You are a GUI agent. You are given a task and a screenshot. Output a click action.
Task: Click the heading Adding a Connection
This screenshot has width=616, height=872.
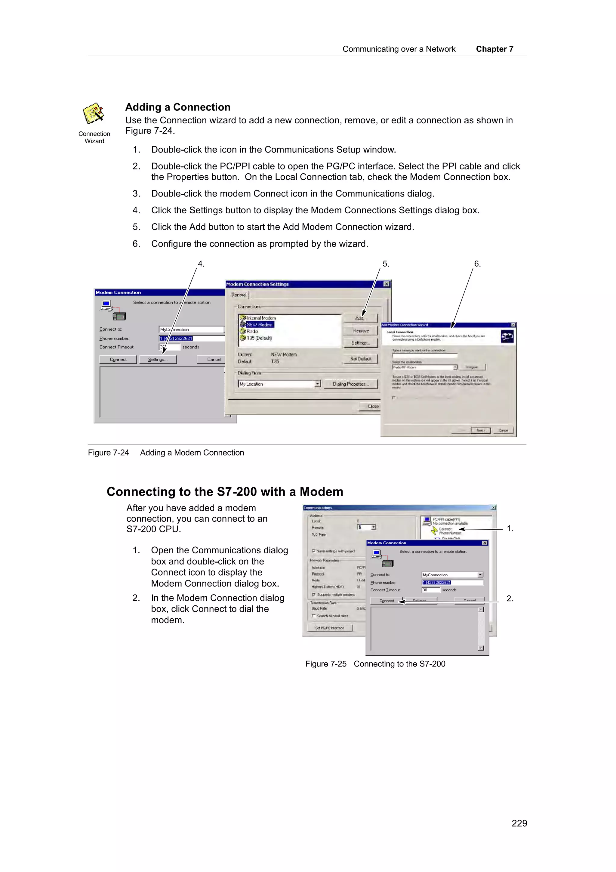point(178,107)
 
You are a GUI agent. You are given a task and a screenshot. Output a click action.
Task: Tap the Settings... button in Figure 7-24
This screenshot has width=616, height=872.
point(158,359)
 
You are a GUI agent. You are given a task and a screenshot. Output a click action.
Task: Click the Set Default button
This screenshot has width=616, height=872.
point(361,359)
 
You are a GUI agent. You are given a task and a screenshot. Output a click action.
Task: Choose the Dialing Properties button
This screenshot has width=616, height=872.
point(351,384)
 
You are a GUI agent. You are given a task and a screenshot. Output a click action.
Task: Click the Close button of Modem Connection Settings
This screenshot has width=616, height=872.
point(373,407)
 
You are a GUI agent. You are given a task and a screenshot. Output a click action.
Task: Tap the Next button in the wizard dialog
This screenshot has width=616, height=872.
point(481,430)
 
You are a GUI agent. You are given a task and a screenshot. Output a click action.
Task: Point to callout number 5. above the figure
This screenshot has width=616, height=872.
point(386,264)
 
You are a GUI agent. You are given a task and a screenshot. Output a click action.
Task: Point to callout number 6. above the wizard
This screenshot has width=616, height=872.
point(477,264)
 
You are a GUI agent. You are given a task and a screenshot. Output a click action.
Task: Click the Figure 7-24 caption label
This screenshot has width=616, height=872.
point(109,453)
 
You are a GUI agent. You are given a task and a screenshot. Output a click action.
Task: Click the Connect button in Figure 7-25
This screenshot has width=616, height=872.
point(387,601)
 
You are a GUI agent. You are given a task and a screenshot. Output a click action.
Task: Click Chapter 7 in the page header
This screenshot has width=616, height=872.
point(494,49)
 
